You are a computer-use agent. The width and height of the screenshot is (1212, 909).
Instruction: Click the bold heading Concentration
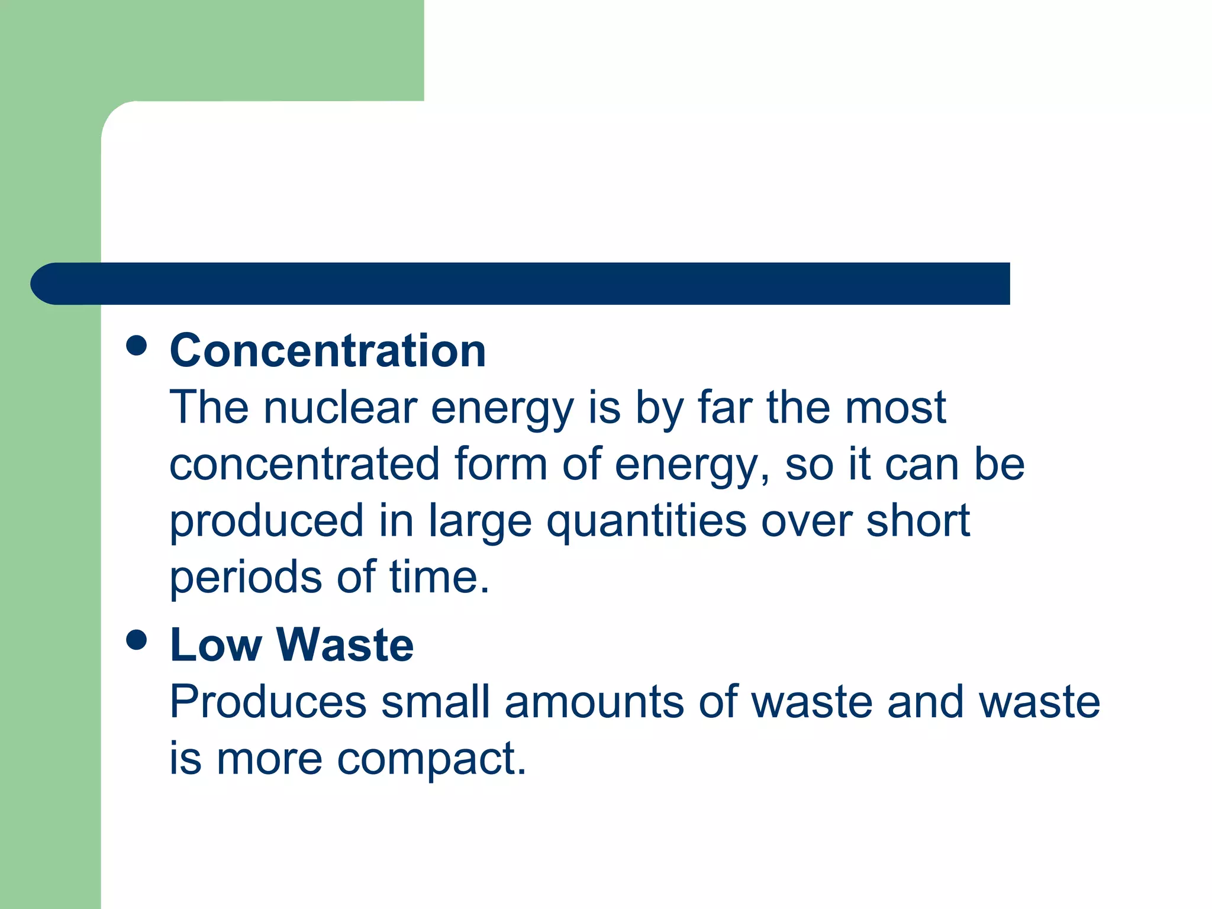328,351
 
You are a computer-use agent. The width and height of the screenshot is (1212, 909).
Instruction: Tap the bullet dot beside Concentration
137,346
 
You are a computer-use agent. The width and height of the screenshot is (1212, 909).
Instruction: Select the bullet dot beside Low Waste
137,640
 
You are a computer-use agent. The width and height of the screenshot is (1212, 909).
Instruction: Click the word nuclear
340,408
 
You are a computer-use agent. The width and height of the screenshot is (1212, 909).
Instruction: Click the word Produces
268,702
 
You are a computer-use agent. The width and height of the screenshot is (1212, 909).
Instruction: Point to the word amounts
594,702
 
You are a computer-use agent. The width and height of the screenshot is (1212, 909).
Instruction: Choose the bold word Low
215,644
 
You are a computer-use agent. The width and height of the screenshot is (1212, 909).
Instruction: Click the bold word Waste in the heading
345,644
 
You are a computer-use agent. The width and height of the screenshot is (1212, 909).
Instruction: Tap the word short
918,521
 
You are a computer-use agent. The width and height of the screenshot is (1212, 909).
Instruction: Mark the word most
895,408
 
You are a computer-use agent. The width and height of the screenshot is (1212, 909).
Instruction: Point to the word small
436,702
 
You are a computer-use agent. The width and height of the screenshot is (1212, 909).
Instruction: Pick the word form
501,464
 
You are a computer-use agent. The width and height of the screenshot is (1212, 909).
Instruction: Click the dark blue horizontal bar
521,284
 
